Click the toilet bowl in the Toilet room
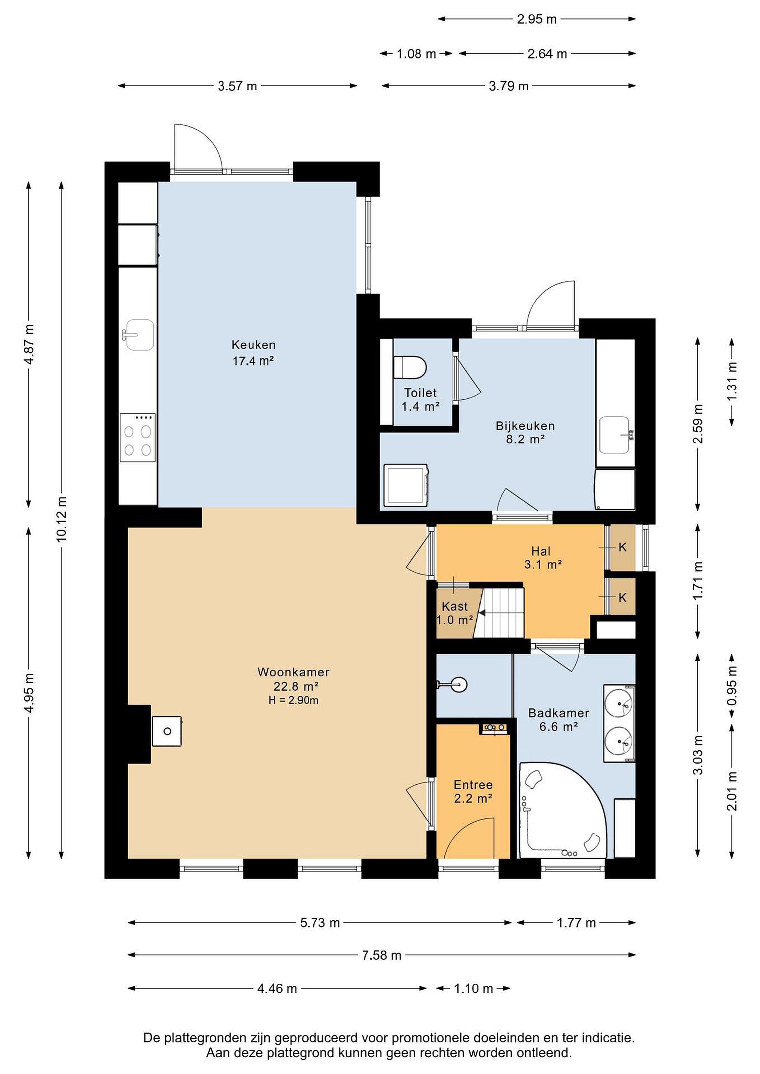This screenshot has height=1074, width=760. coord(410,367)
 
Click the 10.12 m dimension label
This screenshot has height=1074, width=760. coord(61,519)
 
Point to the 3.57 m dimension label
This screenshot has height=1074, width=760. coord(237,86)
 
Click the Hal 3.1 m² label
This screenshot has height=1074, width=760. coord(542,558)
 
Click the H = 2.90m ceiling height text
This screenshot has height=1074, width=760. coord(293,700)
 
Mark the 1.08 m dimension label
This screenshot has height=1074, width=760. coord(416,54)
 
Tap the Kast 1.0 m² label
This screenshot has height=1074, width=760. coord(455,613)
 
